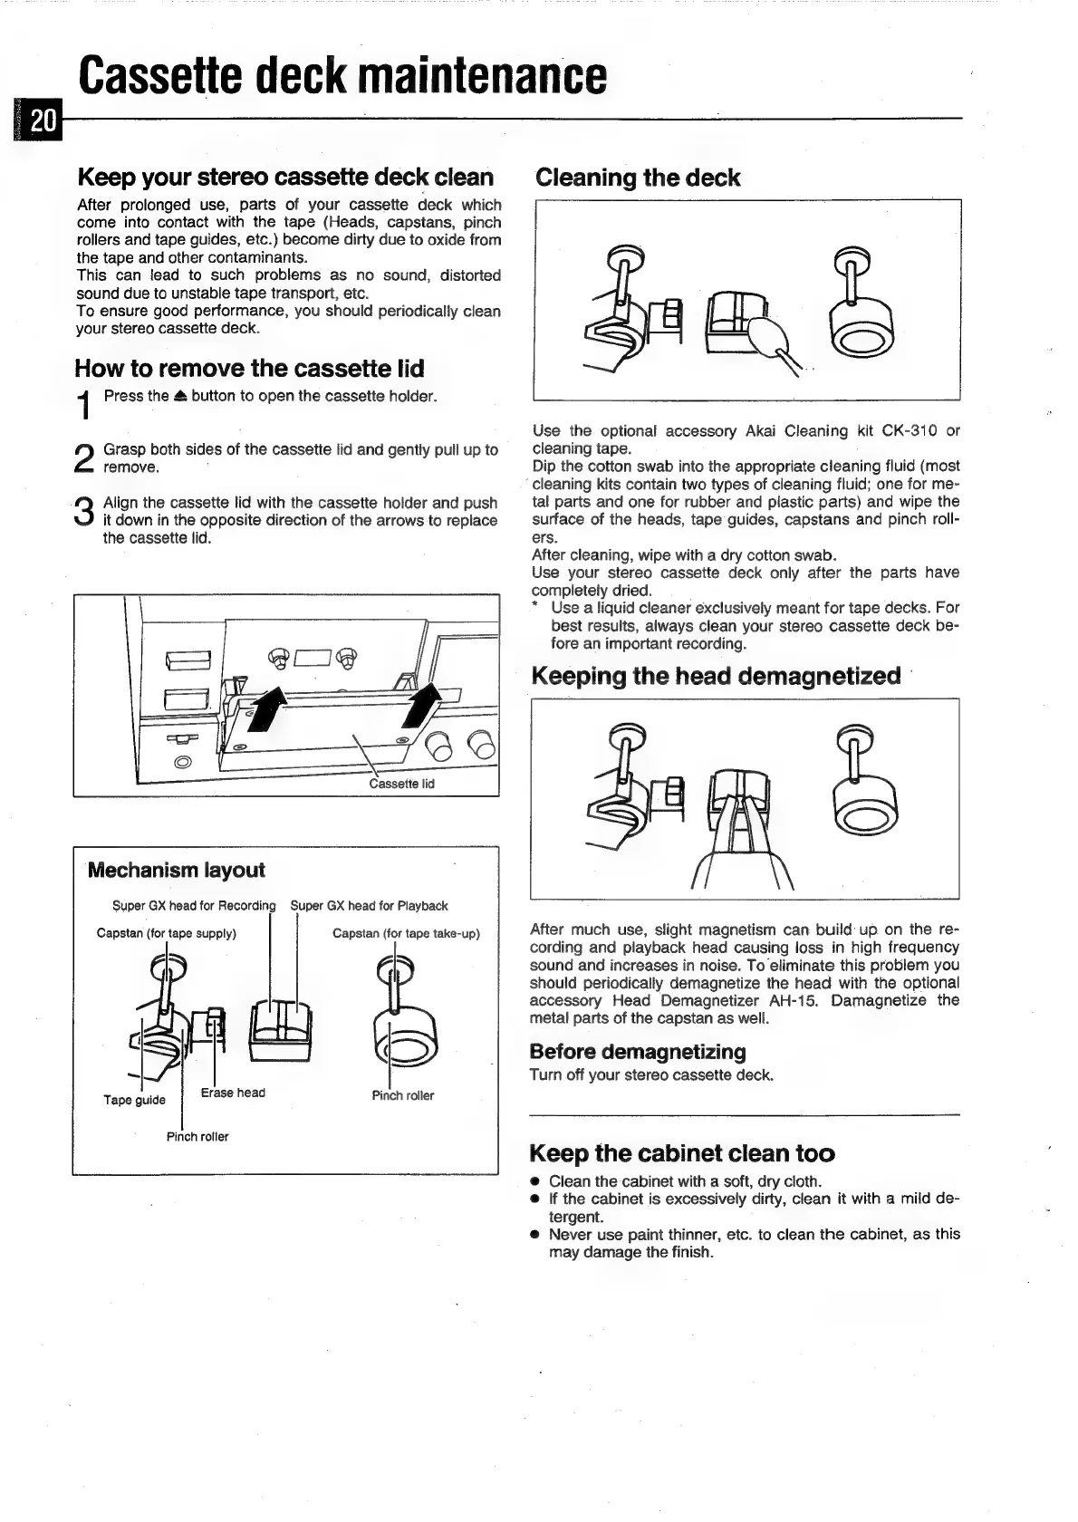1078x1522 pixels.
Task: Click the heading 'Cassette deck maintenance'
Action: [342, 75]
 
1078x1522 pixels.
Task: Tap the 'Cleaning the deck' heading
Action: [638, 178]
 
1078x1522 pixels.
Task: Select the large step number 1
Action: [84, 405]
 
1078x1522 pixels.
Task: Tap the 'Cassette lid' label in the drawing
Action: [402, 784]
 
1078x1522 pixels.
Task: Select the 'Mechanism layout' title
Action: [177, 870]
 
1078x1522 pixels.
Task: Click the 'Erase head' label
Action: [233, 1093]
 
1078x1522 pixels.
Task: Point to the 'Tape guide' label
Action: [134, 1100]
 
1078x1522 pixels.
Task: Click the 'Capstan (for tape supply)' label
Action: [167, 933]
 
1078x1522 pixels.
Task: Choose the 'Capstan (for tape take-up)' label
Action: [406, 933]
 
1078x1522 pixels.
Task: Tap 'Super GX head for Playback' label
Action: [369, 906]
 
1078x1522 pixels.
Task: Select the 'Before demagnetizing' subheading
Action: [638, 1052]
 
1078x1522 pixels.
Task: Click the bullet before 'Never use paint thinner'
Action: [535, 1235]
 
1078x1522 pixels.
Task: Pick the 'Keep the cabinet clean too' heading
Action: [681, 1153]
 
